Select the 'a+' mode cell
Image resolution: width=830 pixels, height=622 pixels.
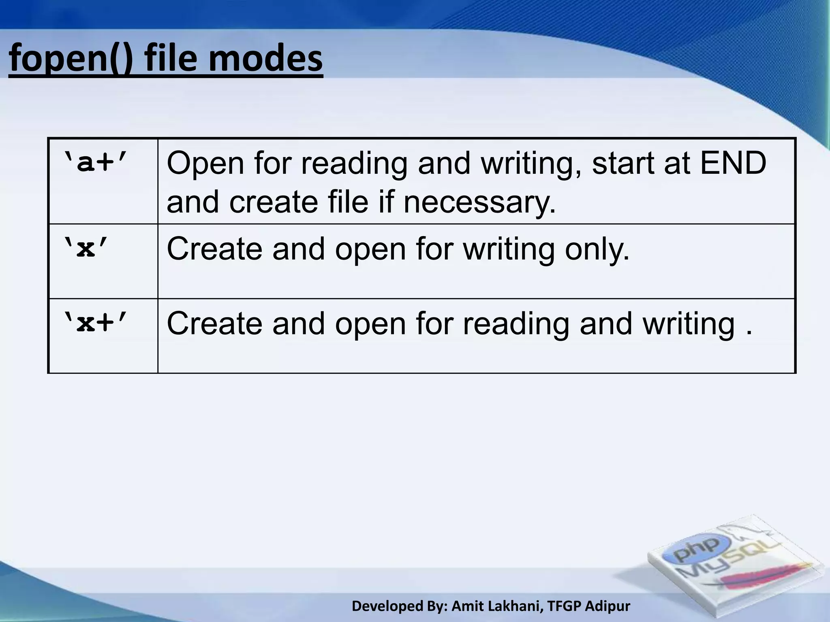96,164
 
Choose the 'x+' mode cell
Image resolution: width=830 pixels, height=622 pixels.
96,324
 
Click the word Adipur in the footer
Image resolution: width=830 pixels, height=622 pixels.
608,606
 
